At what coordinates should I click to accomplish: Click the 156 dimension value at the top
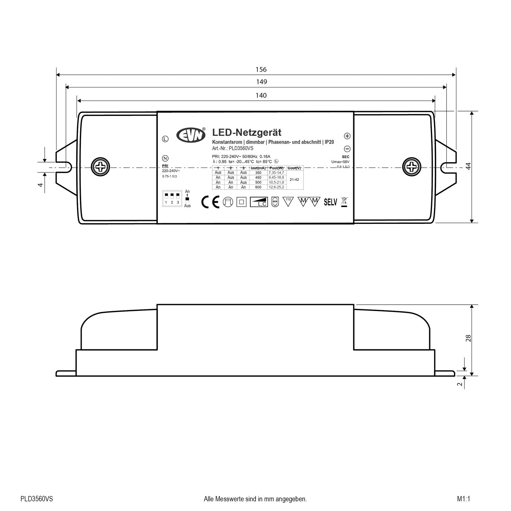point(261,70)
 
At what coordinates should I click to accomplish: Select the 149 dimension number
point(261,82)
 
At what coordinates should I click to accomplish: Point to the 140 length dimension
point(261,95)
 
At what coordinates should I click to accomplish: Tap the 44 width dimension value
point(468,166)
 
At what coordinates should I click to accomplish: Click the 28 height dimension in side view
point(468,339)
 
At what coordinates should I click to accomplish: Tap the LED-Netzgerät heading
point(247,132)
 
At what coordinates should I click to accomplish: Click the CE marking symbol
point(210,202)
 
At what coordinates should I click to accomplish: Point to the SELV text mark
point(330,202)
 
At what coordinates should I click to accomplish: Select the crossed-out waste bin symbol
point(344,202)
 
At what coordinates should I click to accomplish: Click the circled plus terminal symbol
point(347,136)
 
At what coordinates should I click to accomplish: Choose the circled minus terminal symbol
point(347,149)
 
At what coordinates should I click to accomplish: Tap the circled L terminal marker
point(165,139)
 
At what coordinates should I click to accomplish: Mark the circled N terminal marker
point(165,158)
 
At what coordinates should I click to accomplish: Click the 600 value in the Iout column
point(258,187)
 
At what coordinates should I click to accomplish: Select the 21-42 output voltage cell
point(294,180)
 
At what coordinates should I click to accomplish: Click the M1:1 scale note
point(463,499)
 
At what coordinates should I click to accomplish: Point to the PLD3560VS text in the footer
point(37,499)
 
